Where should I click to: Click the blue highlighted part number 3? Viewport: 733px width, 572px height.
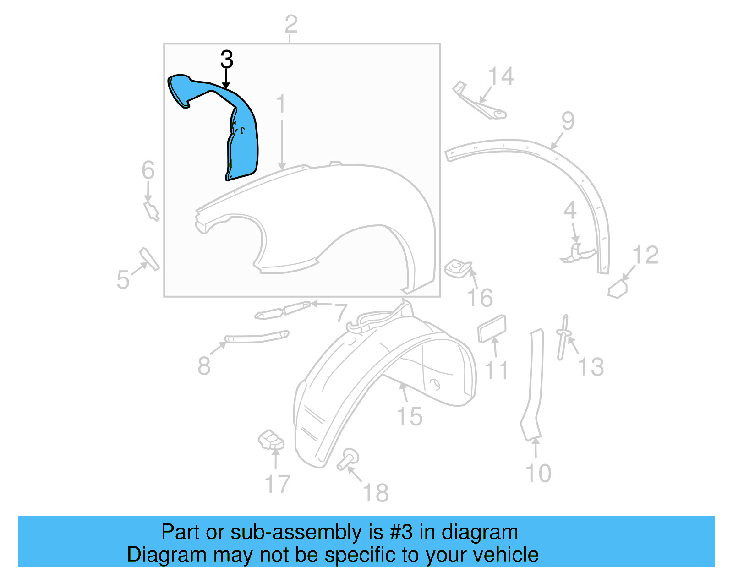pos(238,133)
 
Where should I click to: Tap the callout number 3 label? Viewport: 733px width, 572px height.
pos(227,60)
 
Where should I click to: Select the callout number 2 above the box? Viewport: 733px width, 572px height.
pos(291,24)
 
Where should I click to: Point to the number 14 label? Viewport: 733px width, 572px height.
pos(501,76)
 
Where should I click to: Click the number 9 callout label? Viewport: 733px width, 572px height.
pos(568,121)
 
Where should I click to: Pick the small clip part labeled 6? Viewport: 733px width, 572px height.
pos(151,211)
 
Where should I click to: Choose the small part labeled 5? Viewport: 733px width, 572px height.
pos(149,259)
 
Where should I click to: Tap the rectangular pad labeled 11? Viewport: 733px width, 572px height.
pos(492,328)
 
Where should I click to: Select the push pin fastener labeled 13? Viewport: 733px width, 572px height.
pos(563,337)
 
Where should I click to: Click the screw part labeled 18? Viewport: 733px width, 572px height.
pos(348,459)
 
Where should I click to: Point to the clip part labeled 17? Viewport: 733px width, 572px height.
pos(272,440)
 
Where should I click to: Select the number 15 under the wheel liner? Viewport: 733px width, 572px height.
pos(409,417)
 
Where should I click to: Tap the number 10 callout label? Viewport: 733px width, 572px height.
pos(538,473)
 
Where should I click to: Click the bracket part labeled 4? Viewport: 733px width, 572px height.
pos(578,253)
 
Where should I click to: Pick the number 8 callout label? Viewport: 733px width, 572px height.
pos(204,366)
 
